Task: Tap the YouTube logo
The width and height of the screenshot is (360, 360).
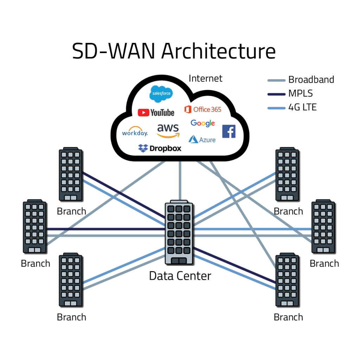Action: [x=156, y=112]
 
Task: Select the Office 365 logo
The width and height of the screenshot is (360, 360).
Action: [x=203, y=109]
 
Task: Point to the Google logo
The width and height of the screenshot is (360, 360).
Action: [x=203, y=123]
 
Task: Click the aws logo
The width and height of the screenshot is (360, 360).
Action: [x=168, y=130]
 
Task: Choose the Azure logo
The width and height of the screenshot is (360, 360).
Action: [x=202, y=140]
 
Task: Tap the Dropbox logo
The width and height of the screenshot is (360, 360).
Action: [x=160, y=148]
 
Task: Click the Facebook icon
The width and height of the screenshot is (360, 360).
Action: [x=229, y=131]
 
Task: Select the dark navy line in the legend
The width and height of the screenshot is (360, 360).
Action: [x=276, y=94]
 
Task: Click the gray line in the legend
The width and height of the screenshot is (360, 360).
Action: [x=276, y=81]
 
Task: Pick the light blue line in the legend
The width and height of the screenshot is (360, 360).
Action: [x=276, y=108]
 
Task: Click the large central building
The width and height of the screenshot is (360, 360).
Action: [x=179, y=232]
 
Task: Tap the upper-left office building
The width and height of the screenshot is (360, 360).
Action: [x=70, y=174]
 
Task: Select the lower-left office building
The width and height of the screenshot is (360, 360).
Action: [x=70, y=279]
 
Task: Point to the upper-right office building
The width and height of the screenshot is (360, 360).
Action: [x=287, y=174]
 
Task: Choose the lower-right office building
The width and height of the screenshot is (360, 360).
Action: [x=287, y=279]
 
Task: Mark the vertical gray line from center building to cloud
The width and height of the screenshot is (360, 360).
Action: [x=180, y=181]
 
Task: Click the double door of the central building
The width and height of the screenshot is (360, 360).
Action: [x=179, y=261]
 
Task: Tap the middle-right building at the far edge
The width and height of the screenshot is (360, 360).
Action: [x=322, y=226]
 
